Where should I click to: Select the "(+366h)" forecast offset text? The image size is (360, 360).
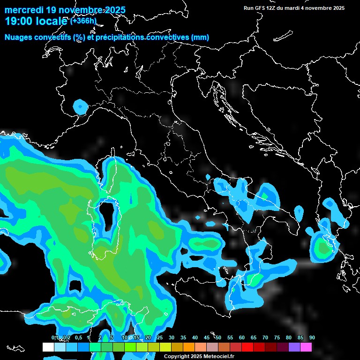pos(84,21)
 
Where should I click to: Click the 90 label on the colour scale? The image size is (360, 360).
pos(312,337)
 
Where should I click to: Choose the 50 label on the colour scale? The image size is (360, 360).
pos(218,337)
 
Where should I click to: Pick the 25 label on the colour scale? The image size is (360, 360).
pos(160,337)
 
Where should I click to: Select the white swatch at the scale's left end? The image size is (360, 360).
pos(48,347)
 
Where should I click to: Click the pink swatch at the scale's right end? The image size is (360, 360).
pos(306,347)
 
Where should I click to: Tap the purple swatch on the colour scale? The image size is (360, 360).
pos(294,347)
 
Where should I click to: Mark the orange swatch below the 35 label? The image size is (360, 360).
pos(189,347)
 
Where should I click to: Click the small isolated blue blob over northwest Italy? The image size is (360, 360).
pos(81,107)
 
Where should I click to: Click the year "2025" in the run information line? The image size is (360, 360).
pos(337,8)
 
